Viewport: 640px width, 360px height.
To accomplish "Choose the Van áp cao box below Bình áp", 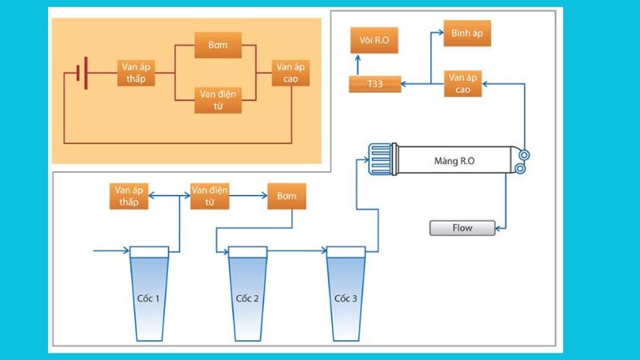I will point(465,83).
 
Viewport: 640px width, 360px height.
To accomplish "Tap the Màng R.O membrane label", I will point(454,161).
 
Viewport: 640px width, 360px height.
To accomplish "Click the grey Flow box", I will point(462,228).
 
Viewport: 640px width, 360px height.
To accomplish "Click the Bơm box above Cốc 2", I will point(286,197).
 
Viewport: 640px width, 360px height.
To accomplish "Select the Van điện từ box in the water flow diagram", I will point(210,197).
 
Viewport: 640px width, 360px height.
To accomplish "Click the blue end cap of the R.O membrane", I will point(380,159).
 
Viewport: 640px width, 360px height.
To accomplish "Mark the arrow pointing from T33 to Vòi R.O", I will point(359,62).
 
